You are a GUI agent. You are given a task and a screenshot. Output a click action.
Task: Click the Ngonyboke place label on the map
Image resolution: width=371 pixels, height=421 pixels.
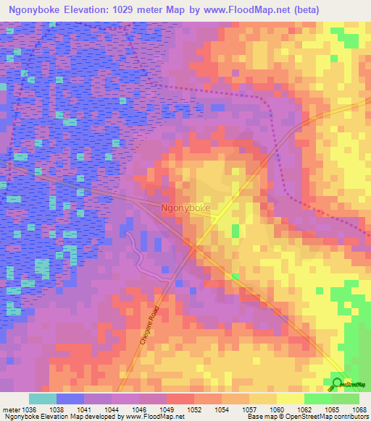tap(185, 208)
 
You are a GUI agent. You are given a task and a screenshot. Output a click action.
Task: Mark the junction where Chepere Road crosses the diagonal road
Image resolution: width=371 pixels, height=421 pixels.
tap(192, 249)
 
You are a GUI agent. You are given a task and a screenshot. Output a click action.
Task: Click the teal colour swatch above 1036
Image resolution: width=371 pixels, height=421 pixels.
tap(42, 399)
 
